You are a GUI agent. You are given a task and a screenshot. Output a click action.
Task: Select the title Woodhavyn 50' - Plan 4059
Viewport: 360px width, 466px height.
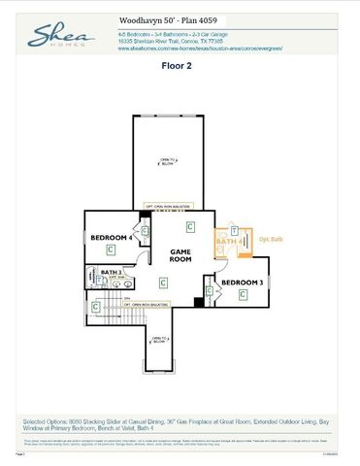160,18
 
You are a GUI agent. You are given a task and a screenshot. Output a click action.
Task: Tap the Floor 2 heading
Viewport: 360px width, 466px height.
180,69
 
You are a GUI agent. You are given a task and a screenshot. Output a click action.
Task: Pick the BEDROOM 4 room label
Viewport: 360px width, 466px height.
110,237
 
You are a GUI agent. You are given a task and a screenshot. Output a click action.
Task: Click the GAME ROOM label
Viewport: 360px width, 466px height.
180,255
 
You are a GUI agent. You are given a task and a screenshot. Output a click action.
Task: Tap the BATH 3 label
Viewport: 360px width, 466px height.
111,272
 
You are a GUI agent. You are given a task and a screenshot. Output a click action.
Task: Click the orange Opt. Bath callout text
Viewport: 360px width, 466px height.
271,239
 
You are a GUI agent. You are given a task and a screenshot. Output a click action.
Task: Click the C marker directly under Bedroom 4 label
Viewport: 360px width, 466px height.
115,249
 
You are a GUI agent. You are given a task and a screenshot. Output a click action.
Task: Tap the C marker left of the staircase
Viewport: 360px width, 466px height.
95,307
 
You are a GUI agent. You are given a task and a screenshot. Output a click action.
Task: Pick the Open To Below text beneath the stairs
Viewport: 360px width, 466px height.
159,339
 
